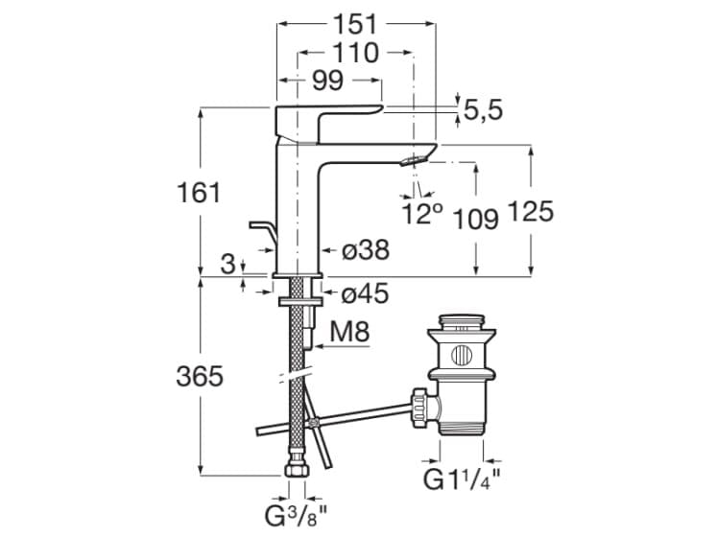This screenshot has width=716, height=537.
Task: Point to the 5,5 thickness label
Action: (484, 111)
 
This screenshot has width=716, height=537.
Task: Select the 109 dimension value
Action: (478, 219)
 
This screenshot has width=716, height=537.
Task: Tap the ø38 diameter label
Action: (366, 250)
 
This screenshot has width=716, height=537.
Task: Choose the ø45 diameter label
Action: (366, 293)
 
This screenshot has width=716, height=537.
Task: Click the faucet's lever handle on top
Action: (326, 119)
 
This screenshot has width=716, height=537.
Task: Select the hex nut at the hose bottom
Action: (296, 472)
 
